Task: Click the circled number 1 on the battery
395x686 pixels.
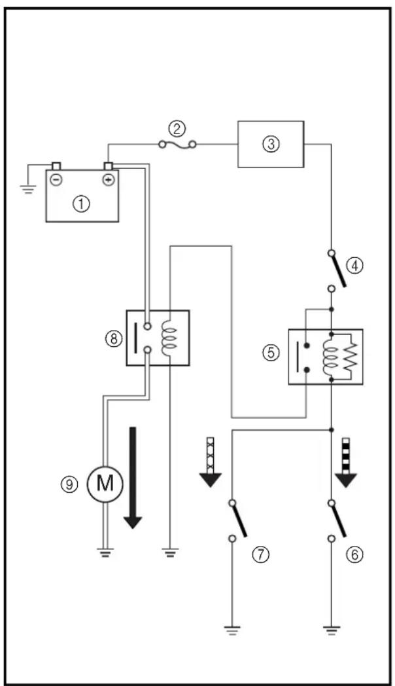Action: (x=82, y=204)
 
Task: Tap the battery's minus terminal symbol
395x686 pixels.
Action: (x=56, y=179)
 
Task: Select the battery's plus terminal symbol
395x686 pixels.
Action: (x=109, y=179)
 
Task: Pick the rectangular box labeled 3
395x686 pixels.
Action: (x=271, y=144)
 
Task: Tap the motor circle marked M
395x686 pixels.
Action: (x=105, y=484)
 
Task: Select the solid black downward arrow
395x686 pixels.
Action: (x=133, y=478)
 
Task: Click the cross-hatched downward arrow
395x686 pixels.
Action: (x=211, y=462)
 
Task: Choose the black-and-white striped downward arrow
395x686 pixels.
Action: (x=347, y=462)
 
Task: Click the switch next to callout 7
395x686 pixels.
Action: (x=237, y=519)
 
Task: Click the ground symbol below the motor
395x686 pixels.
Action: (x=105, y=552)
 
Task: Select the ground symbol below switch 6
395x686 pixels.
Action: (x=332, y=630)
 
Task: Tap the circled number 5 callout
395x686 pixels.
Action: (x=271, y=353)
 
